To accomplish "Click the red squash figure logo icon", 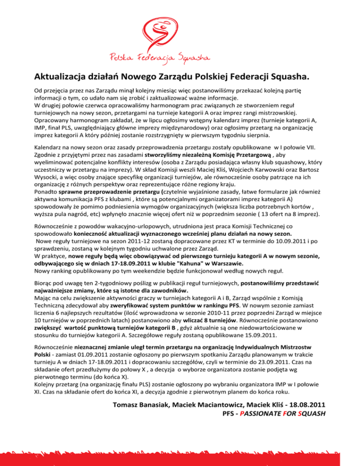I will tap(180, 29).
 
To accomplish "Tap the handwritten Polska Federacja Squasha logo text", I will tap(180, 57).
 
